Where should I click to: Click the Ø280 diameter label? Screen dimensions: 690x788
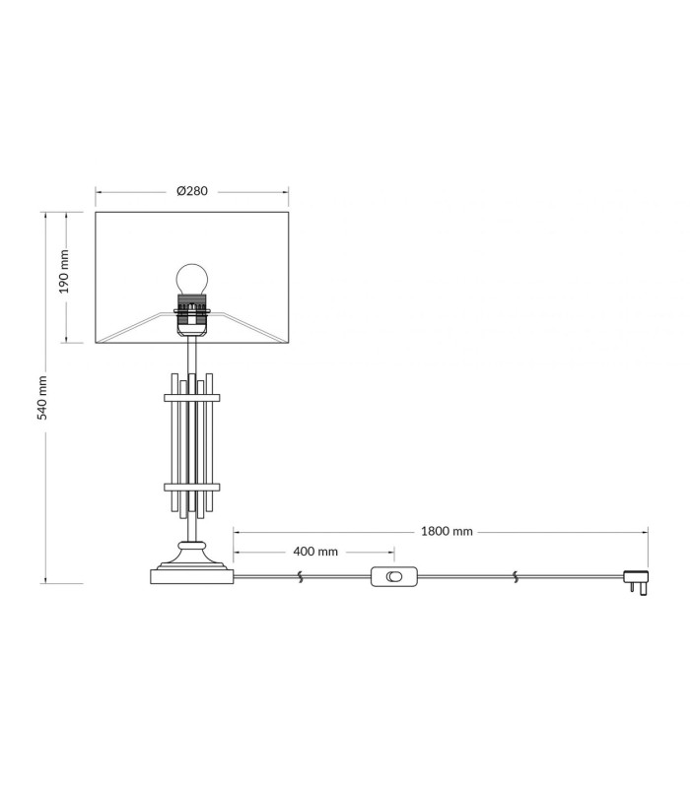pos(192,191)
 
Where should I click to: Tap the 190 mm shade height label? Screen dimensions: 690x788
pos(64,272)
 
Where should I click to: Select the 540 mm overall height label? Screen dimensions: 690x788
pos(42,397)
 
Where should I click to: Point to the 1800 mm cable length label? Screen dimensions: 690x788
pos(447,531)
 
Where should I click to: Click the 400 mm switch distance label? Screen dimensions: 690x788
pos(315,552)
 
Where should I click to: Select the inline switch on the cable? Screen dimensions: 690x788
pos(394,576)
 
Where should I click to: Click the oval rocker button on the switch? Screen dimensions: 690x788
pos(394,576)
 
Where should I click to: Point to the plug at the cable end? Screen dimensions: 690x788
pos(636,582)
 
